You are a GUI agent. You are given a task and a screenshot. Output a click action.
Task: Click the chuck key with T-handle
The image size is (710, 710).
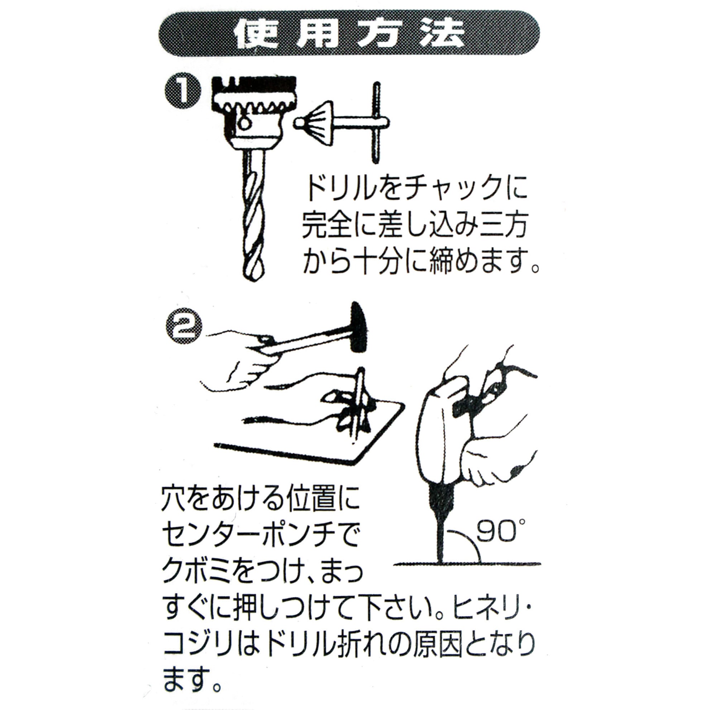pos(346,123)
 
